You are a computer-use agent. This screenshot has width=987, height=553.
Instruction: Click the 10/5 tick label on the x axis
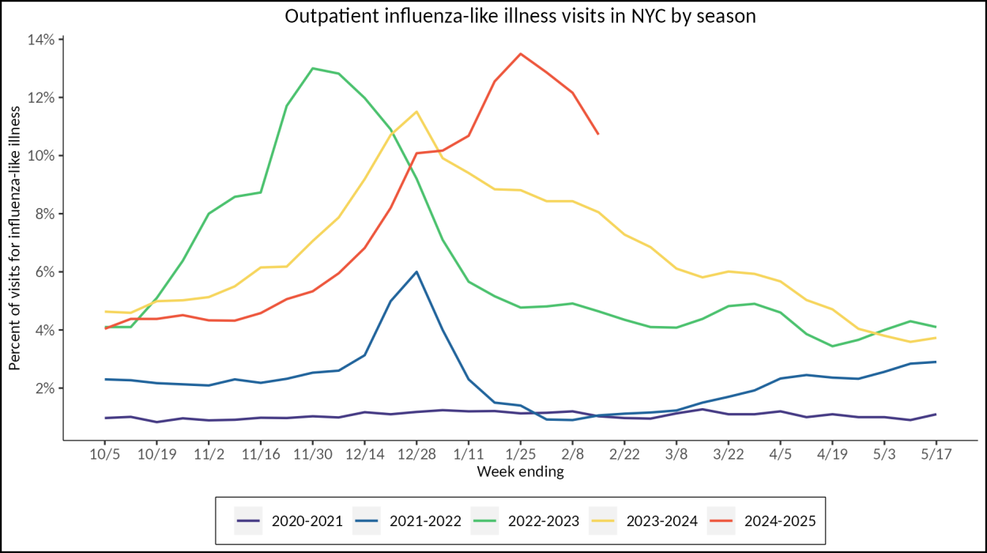[x=105, y=456]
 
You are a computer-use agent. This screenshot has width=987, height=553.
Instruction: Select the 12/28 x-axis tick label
[x=416, y=456]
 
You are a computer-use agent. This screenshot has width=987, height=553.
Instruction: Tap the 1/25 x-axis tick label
[x=520, y=456]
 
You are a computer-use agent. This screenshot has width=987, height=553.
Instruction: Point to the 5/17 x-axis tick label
[x=936, y=456]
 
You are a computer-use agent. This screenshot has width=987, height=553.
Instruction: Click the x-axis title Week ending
[x=520, y=472]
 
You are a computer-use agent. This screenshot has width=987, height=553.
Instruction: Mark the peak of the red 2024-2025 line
[x=520, y=54]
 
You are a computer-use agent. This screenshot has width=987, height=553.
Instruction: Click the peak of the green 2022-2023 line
[x=313, y=68]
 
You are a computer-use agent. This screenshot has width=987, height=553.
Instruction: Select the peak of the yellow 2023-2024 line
[x=416, y=112]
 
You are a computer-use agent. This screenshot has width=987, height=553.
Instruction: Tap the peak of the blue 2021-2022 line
[x=416, y=271]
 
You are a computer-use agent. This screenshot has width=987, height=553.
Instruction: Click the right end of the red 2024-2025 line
[x=597, y=134]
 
